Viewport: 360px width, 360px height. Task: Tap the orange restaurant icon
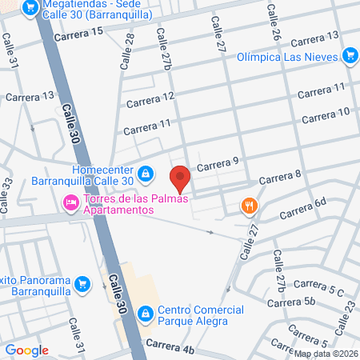pyautogui.click(x=250, y=206)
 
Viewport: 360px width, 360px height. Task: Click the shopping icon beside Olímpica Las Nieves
pyautogui.click(x=349, y=56)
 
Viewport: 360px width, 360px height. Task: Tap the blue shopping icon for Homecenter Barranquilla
pyautogui.click(x=145, y=173)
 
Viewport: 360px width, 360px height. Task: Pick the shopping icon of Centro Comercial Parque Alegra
pyautogui.click(x=145, y=314)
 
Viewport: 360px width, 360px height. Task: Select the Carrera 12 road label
pyautogui.click(x=150, y=98)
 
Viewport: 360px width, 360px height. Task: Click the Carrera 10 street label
pyautogui.click(x=326, y=113)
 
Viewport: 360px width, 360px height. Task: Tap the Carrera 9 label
pyautogui.click(x=218, y=164)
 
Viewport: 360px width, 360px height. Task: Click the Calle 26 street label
pyautogui.click(x=273, y=22)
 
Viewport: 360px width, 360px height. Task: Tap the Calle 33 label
pyautogui.click(x=8, y=194)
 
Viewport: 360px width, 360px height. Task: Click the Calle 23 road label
pyautogui.click(x=349, y=307)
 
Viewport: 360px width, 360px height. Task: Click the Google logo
pyautogui.click(x=26, y=350)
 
